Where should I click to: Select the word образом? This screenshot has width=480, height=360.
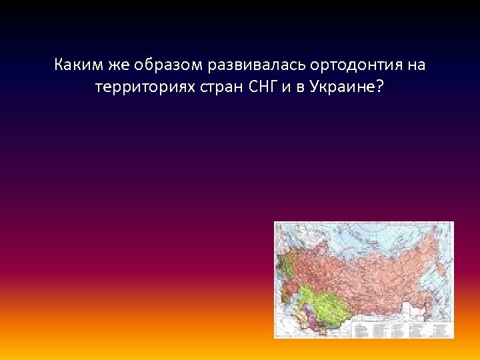click(168, 66)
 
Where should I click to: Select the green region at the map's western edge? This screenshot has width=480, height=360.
click(285, 267)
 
